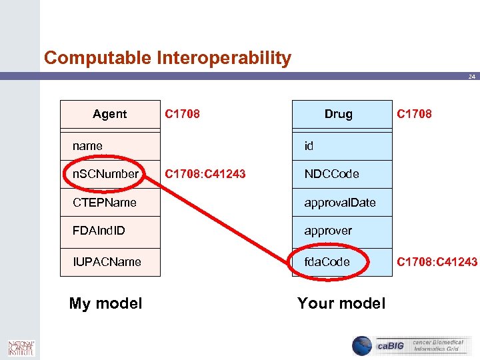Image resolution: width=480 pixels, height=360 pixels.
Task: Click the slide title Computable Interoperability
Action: click(x=167, y=58)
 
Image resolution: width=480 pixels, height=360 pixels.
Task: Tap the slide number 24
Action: click(x=471, y=77)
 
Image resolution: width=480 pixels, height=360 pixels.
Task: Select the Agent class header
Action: click(x=110, y=114)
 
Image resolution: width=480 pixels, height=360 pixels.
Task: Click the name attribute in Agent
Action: click(x=88, y=145)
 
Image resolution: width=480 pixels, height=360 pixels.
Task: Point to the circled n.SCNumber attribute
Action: click(x=105, y=174)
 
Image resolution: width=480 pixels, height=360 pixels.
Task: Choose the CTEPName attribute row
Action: click(x=105, y=202)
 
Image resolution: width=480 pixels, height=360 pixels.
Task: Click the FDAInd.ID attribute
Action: click(x=99, y=231)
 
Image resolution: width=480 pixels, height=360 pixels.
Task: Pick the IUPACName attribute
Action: click(x=107, y=261)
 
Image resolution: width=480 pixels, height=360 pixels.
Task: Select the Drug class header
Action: click(x=338, y=114)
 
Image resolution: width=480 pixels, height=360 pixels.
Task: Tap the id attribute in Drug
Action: click(x=309, y=145)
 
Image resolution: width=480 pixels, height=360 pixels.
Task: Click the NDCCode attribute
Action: click(x=331, y=174)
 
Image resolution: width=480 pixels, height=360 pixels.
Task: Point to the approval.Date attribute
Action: click(x=340, y=202)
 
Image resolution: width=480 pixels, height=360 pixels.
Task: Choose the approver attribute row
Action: click(x=328, y=231)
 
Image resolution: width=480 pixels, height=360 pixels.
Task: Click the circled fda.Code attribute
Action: click(x=327, y=261)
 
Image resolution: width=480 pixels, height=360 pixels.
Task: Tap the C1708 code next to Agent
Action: click(x=182, y=114)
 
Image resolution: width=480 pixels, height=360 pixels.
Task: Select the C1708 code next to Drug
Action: click(x=414, y=114)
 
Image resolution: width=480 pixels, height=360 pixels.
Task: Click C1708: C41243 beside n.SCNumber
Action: click(x=205, y=174)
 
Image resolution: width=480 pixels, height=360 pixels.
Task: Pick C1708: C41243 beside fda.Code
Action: click(x=437, y=261)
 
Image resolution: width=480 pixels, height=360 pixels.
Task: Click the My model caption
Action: click(x=105, y=303)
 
